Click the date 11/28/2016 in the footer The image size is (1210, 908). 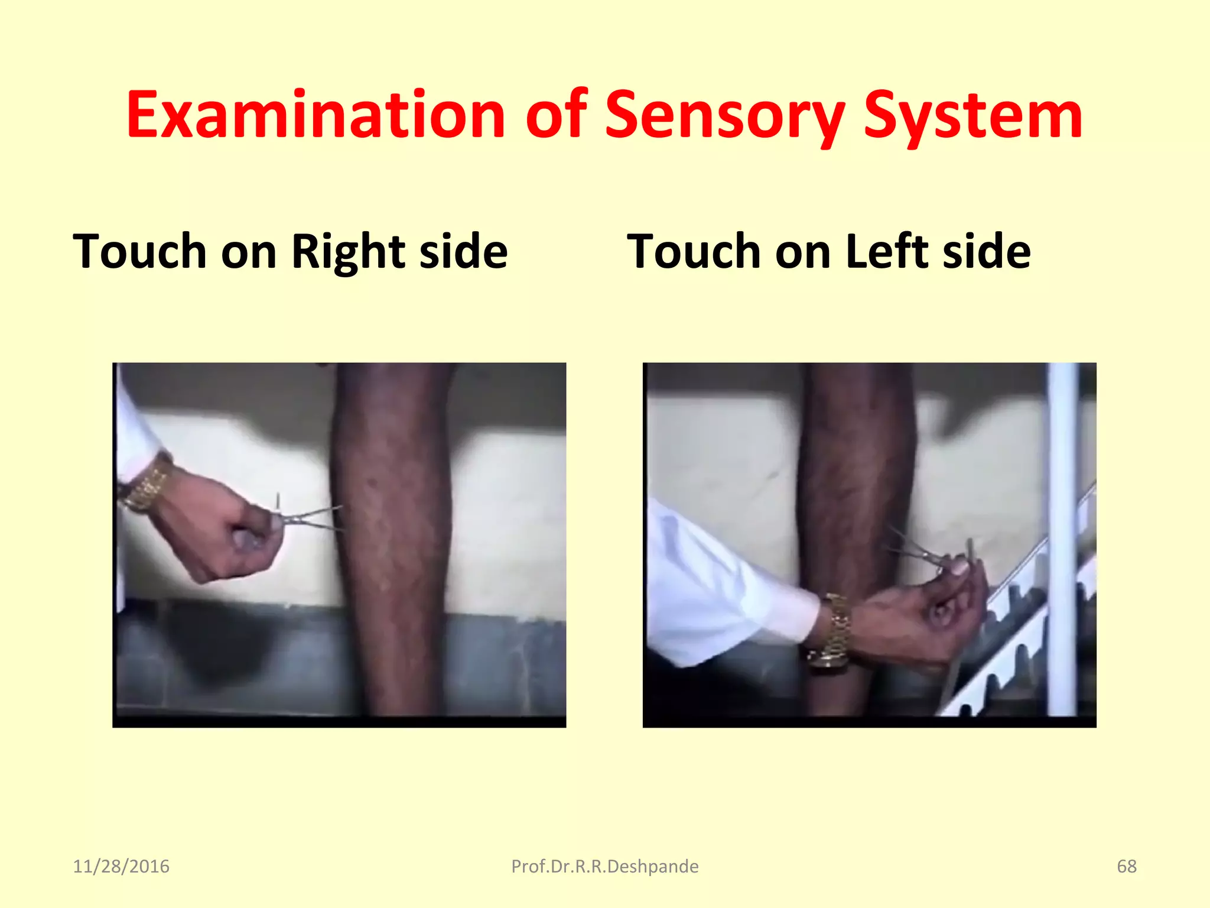[121, 866]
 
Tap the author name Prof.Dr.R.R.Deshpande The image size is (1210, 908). [604, 866]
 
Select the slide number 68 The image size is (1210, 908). [1126, 866]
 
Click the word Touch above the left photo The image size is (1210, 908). [139, 252]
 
